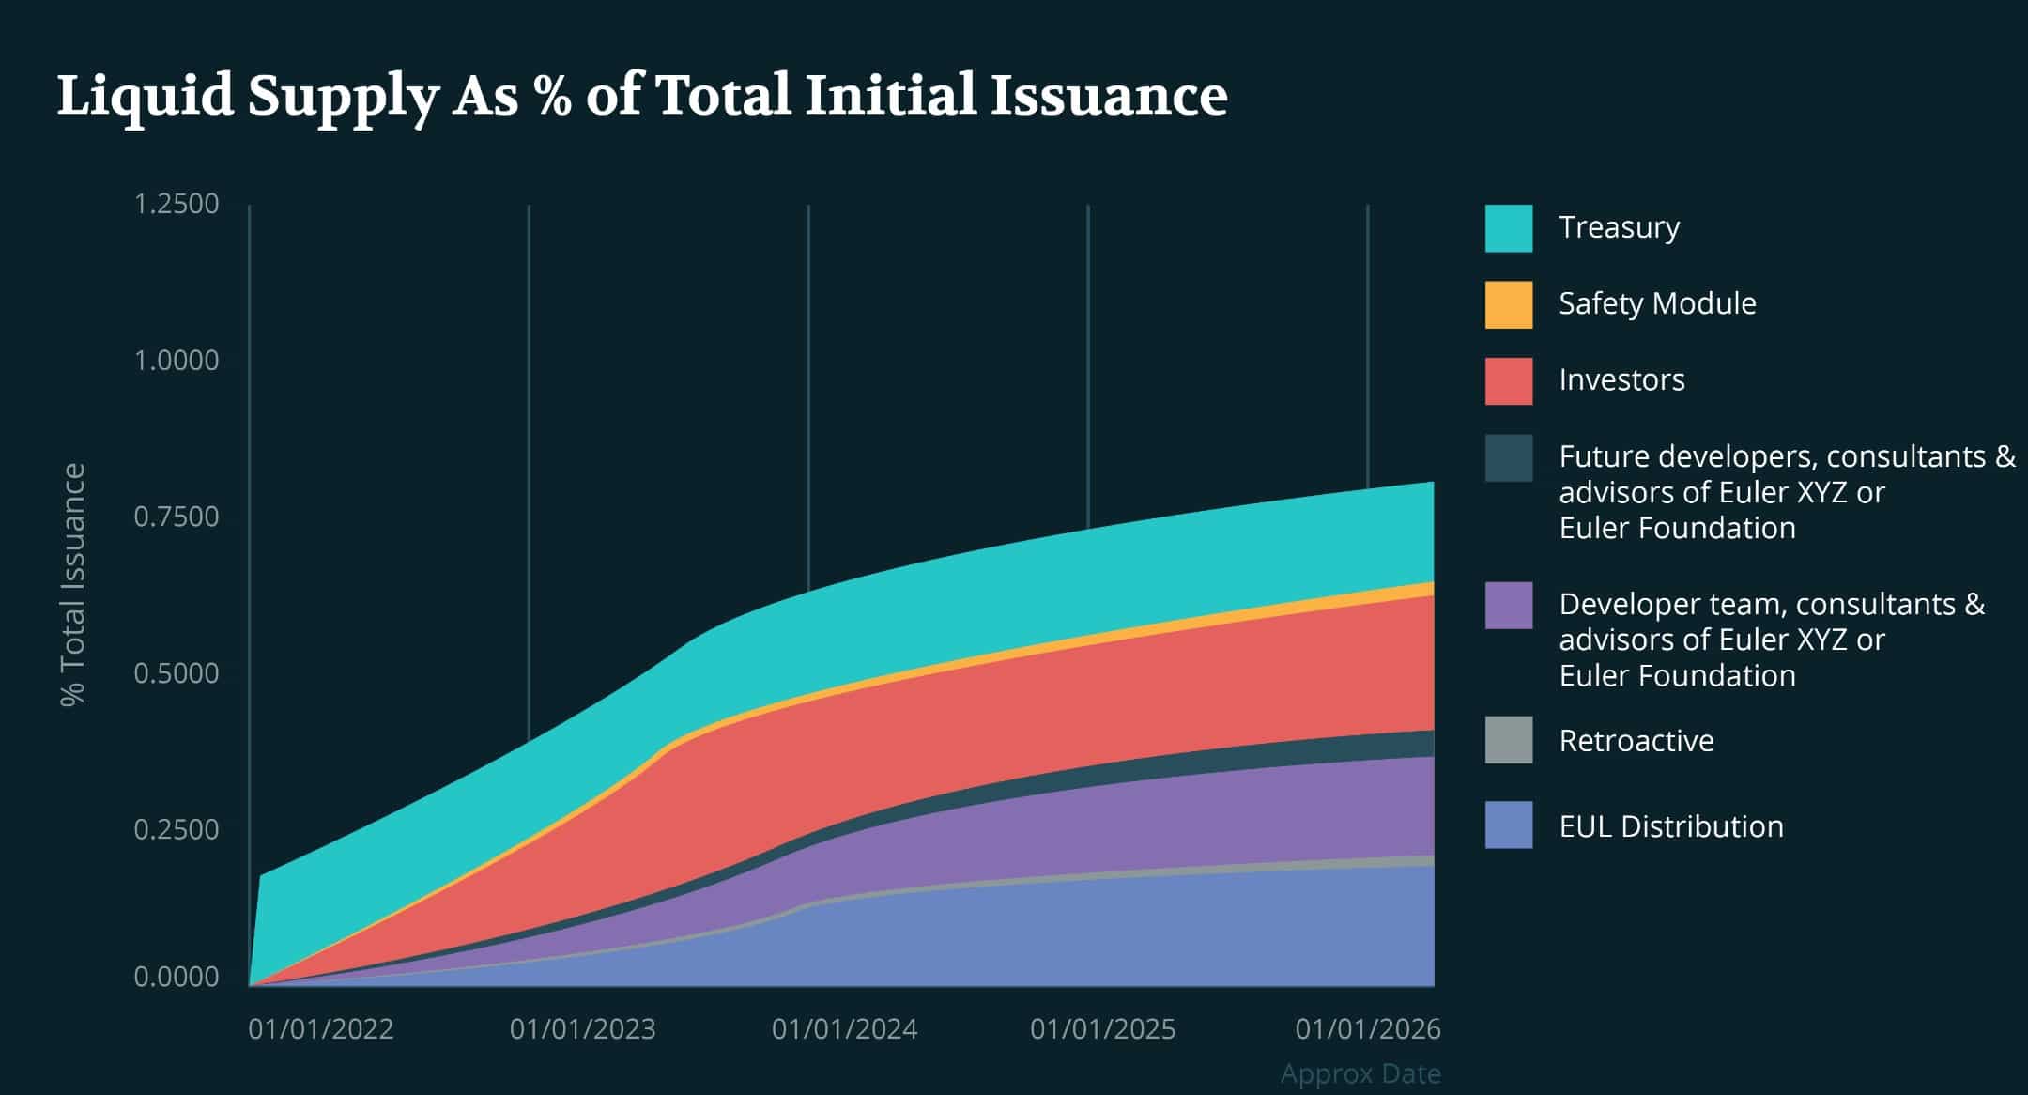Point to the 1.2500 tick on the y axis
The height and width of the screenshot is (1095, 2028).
(177, 204)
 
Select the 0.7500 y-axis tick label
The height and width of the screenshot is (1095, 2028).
(177, 517)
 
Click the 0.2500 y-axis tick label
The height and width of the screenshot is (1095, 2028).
(177, 829)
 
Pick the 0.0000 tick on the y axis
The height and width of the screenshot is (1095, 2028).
(177, 977)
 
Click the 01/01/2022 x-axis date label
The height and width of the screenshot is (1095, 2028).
(321, 1029)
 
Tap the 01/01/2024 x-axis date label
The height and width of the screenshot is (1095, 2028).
(844, 1029)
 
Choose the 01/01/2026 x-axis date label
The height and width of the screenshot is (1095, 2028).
(1367, 1029)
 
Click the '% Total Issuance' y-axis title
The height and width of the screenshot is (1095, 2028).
(73, 584)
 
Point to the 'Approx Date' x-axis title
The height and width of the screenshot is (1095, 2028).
(1360, 1073)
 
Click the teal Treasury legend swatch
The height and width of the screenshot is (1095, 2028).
(1508, 228)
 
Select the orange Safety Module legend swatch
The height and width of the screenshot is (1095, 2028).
(1508, 304)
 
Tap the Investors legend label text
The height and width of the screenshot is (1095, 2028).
(1621, 380)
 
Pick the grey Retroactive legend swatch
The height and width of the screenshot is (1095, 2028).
(1508, 740)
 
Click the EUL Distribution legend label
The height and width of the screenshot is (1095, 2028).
(1670, 826)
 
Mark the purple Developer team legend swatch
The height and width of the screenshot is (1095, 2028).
(1508, 605)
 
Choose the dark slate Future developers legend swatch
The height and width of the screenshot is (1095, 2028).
(1508, 457)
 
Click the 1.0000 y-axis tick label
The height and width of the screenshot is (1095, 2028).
(177, 361)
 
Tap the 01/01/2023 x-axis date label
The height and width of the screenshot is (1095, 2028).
(582, 1029)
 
